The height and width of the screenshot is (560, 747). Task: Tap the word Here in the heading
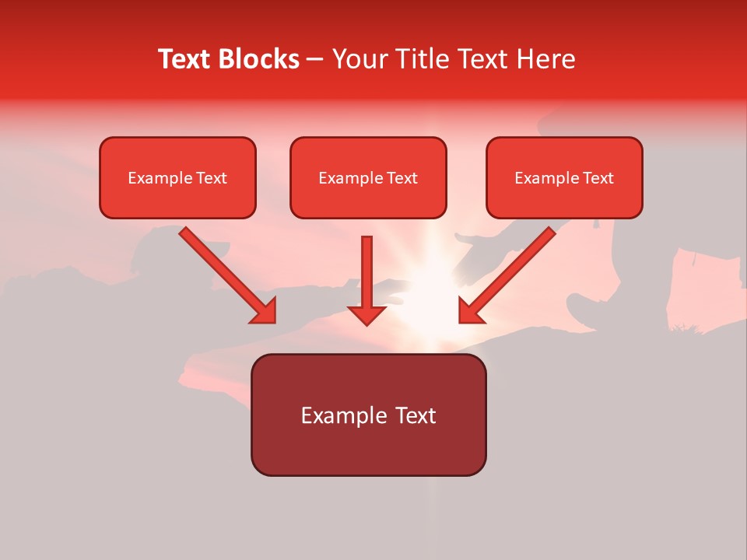click(x=546, y=59)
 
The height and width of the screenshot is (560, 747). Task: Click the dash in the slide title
click(x=316, y=59)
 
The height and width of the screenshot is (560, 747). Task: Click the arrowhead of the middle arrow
click(x=366, y=314)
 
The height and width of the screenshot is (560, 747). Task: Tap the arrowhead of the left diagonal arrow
click(x=265, y=311)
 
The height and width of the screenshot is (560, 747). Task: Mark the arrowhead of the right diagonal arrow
click(x=470, y=311)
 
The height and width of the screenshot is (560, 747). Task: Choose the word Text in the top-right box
click(x=598, y=178)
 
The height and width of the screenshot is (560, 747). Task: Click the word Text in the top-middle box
click(x=402, y=178)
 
